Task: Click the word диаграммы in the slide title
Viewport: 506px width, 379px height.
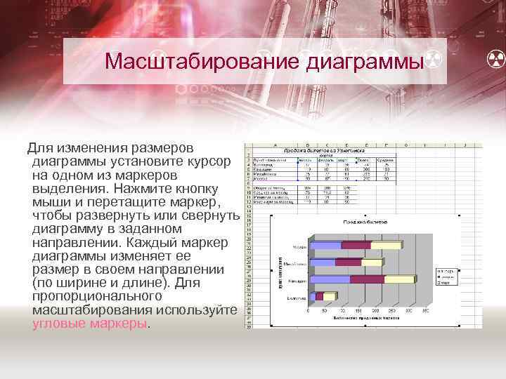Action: (x=365, y=62)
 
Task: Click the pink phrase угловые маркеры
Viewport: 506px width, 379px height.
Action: (x=90, y=324)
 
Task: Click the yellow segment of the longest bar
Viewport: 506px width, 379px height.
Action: (x=400, y=279)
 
